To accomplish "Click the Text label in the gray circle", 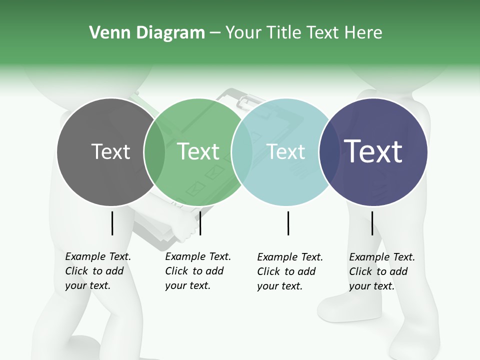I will pyautogui.click(x=111, y=151).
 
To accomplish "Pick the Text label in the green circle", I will pyautogui.click(x=198, y=151).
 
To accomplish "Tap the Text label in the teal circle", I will pyautogui.click(x=286, y=151).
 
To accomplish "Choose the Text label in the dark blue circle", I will pyautogui.click(x=373, y=151).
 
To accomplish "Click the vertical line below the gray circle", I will pyautogui.click(x=112, y=223).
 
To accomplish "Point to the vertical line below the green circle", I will pyautogui.click(x=200, y=223).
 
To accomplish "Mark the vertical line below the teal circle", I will pyautogui.click(x=288, y=223).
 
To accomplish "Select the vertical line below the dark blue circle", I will pyautogui.click(x=372, y=223).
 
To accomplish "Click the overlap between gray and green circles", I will pyautogui.click(x=154, y=151).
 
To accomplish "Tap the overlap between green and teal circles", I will pyautogui.click(x=242, y=151).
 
